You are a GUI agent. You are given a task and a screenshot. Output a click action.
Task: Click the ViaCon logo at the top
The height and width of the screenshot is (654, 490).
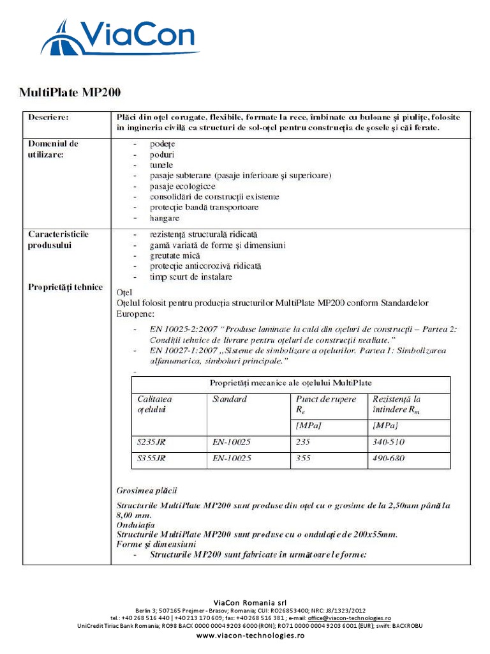click(x=121, y=38)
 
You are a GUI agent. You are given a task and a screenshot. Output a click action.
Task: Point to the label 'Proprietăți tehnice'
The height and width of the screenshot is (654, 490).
click(x=65, y=287)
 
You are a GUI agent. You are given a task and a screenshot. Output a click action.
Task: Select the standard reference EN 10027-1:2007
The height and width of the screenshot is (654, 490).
click(x=182, y=351)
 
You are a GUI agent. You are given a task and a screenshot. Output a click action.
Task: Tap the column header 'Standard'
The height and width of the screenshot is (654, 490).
click(x=229, y=399)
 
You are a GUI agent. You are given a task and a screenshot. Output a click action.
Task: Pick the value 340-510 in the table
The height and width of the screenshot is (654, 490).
click(x=388, y=442)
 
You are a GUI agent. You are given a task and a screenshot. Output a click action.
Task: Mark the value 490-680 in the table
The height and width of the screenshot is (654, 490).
click(x=388, y=459)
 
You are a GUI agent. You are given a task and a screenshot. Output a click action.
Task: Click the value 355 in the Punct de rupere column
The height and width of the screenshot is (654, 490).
click(x=304, y=459)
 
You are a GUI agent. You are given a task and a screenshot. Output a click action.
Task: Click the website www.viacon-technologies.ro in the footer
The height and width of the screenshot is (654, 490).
click(x=250, y=636)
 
